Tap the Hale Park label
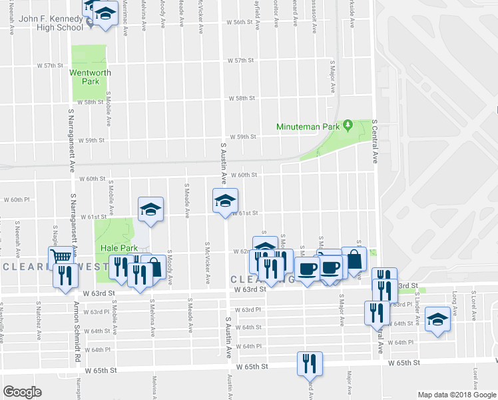[x=119, y=248]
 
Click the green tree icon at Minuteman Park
[x=347, y=125]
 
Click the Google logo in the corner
[x=22, y=392]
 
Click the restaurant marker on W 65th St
[x=310, y=363]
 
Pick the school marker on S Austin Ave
[x=225, y=199]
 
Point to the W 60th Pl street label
[x=17, y=199]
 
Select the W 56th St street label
[x=240, y=22]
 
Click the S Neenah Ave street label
[x=17, y=233]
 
